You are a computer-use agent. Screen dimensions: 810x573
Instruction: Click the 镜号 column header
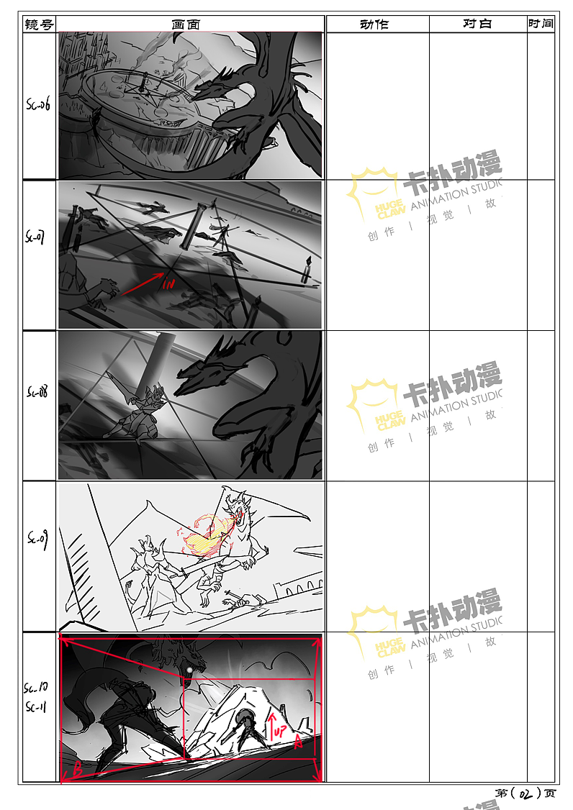(x=39, y=24)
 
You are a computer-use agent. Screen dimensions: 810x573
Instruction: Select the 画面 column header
(x=186, y=24)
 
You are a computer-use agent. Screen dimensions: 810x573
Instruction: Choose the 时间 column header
(x=541, y=24)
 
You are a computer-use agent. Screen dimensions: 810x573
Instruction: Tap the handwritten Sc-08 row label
(x=37, y=393)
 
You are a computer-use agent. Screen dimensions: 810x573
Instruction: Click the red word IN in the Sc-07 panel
(x=169, y=285)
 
